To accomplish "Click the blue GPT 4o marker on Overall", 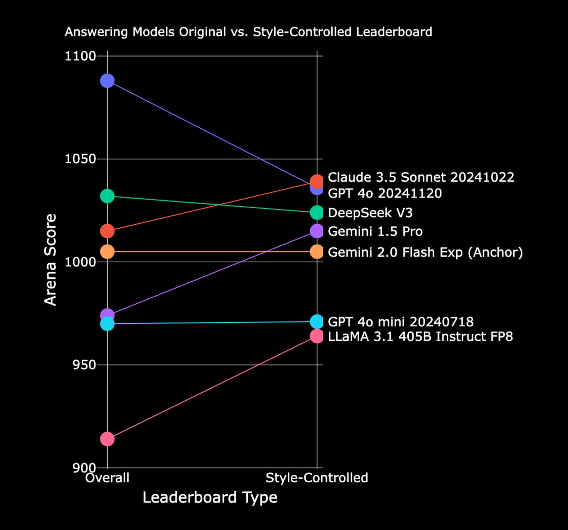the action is click(107, 81).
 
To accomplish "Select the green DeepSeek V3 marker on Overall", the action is click(107, 196).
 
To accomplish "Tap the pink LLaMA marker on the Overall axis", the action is click(107, 439).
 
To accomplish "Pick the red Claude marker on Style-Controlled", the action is click(317, 182).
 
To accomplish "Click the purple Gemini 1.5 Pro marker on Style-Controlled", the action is click(317, 231).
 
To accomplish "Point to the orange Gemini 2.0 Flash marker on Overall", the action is click(107, 252).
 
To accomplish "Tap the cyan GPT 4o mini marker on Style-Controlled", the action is click(317, 322).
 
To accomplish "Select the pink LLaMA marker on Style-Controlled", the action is click(317, 336).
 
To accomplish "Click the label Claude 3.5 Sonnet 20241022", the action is click(421, 177).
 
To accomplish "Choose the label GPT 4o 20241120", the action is click(385, 193).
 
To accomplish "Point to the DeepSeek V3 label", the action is click(370, 213).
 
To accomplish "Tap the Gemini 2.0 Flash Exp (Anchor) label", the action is click(425, 252).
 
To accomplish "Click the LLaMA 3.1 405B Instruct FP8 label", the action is click(420, 337).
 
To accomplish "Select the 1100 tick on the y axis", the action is click(80, 56).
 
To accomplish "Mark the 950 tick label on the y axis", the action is click(84, 365).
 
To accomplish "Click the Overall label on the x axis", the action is click(107, 478).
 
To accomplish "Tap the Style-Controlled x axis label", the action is click(317, 478).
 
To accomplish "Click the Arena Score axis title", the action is click(50, 260).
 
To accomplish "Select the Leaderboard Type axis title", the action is click(210, 498).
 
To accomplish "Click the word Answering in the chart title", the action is click(96, 32).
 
